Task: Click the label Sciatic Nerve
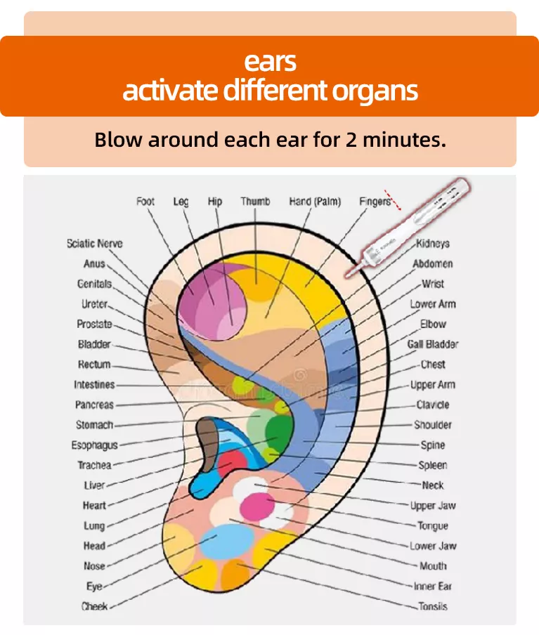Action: pos(94,244)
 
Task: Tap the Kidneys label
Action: pos(433,244)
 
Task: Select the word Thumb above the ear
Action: pos(255,202)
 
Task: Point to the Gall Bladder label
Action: pos(433,344)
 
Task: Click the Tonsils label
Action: pos(431,606)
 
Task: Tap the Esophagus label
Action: pos(94,445)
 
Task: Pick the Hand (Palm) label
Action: pos(315,202)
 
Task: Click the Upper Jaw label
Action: pos(433,506)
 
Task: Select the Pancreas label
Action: pos(94,405)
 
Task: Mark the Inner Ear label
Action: pos(432,586)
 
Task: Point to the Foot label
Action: pos(145,202)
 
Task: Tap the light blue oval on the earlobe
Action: pos(227,541)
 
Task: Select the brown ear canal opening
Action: pos(207,443)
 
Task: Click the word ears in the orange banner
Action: pos(270,62)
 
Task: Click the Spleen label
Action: pos(433,465)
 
